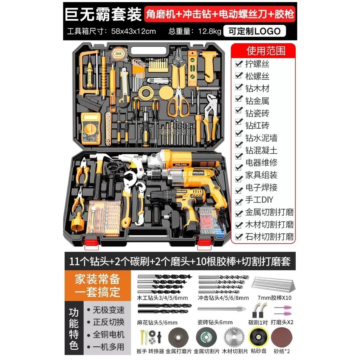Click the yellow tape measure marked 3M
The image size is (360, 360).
(118, 54)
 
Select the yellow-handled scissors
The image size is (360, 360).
(179, 101)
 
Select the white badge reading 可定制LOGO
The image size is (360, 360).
(254, 31)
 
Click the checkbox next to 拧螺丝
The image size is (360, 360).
(239, 64)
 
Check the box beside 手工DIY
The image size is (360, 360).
(239, 202)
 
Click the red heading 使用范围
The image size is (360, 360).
(266, 51)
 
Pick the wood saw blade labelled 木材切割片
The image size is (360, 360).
(234, 337)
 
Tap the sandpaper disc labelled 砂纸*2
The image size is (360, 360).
(282, 337)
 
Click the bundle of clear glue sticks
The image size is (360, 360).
(273, 284)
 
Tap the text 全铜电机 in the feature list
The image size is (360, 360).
(109, 334)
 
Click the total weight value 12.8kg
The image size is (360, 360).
(210, 31)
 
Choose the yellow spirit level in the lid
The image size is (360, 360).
(192, 69)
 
